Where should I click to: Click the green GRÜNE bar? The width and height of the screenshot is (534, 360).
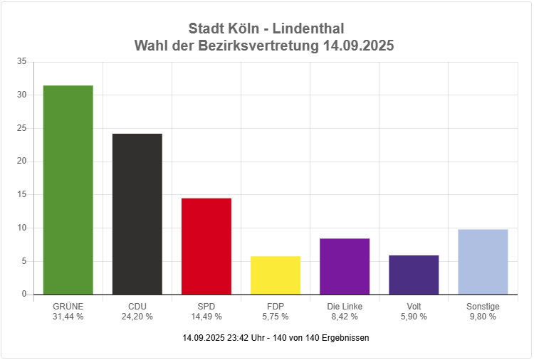pyautogui.click(x=68, y=190)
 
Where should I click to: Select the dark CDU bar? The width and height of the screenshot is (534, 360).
pyautogui.click(x=137, y=213)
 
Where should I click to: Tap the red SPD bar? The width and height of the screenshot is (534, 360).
pyautogui.click(x=206, y=246)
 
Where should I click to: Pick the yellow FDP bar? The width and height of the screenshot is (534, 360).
pyautogui.click(x=275, y=275)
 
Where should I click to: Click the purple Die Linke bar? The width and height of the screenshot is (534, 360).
pyautogui.click(x=345, y=266)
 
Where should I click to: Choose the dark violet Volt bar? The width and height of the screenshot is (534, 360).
pyautogui.click(x=414, y=275)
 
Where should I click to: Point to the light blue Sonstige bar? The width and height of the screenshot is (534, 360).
pyautogui.click(x=483, y=262)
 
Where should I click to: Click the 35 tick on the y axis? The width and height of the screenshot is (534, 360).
pyautogui.click(x=21, y=62)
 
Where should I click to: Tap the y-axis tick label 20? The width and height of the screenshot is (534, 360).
pyautogui.click(x=21, y=162)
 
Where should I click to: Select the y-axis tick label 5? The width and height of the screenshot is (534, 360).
pyautogui.click(x=23, y=261)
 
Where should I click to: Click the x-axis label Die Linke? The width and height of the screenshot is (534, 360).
pyautogui.click(x=345, y=307)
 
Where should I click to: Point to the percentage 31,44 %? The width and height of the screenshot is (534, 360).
pyautogui.click(x=68, y=317)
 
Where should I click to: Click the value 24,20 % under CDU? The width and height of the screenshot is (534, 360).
pyautogui.click(x=137, y=317)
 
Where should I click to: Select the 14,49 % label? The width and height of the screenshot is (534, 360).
pyautogui.click(x=206, y=317)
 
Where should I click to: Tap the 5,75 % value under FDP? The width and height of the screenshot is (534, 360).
pyautogui.click(x=275, y=317)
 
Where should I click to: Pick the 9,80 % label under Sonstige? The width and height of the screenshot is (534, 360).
pyautogui.click(x=483, y=317)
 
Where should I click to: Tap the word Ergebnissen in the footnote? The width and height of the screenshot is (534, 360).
pyautogui.click(x=345, y=338)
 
